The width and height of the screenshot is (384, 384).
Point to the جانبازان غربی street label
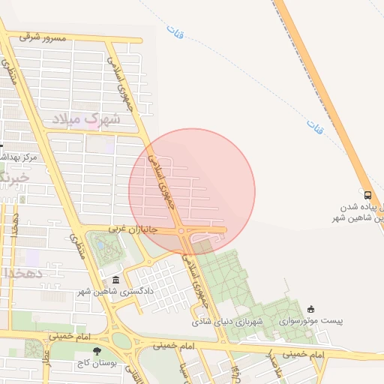click(132, 228)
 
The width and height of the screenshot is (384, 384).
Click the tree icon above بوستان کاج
click(96, 351)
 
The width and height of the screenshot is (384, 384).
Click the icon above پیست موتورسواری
click(312, 309)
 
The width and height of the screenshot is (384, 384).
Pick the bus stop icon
click(367, 193)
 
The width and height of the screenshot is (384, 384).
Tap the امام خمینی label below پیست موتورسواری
click(304, 353)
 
